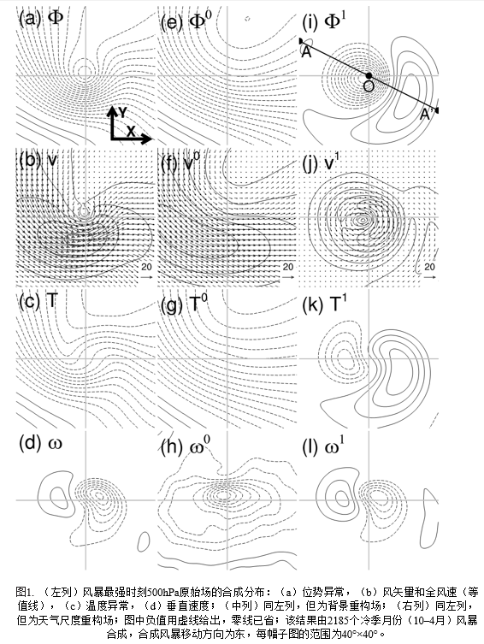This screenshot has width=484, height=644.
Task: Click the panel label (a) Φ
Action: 41,18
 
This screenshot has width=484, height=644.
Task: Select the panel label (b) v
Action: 38,161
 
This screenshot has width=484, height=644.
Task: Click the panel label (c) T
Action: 38,302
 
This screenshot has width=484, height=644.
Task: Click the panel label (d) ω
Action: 40,443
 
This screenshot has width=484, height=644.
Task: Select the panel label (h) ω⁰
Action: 186,446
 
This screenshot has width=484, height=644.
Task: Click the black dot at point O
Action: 369,75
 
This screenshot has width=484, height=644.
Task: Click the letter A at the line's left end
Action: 306,52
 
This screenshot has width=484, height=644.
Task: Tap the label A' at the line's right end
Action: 425,115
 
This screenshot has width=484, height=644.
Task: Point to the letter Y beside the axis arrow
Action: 123,112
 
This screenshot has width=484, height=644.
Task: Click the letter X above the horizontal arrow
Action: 131,131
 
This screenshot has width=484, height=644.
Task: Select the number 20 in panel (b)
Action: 146,267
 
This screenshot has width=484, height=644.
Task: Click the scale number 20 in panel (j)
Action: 429,267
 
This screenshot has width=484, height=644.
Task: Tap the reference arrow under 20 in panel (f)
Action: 288,277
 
